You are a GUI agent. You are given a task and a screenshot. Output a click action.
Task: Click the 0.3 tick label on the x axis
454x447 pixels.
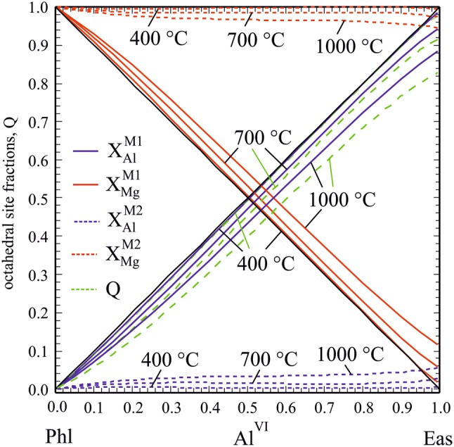pyautogui.click(x=171, y=407)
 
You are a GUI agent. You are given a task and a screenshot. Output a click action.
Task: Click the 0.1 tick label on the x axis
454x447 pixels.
pyautogui.click(x=94, y=407)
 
